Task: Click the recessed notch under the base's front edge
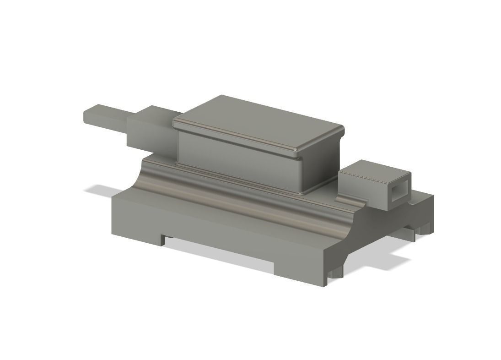(220, 250)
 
